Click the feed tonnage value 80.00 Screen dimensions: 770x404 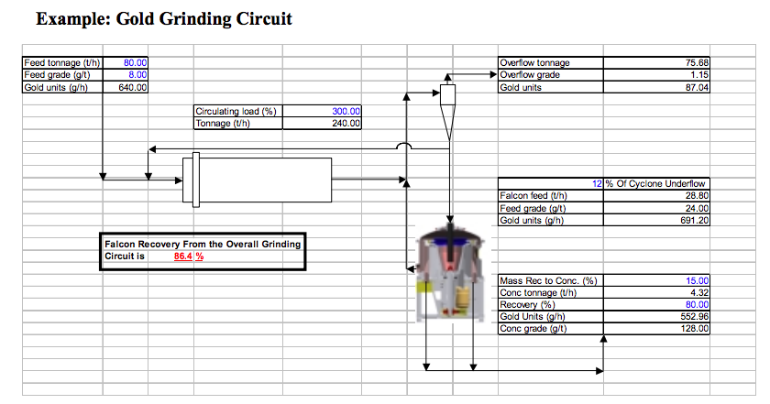(135, 63)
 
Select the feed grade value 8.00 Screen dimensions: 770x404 (137, 74)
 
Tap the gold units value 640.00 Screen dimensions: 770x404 (133, 87)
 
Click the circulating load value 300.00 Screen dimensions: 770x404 (346, 112)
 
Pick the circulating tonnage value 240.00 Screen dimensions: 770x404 (346, 123)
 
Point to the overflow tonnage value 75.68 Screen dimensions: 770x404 (697, 63)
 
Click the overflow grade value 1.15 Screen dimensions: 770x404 (699, 74)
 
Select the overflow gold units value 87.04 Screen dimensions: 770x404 (697, 87)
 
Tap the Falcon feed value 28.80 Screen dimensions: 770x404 (697, 196)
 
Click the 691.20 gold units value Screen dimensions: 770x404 (695, 221)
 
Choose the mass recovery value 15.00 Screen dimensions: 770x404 (697, 281)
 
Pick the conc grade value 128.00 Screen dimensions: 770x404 (695, 328)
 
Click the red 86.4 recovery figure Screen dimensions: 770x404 (182, 257)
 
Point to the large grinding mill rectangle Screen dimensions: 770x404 (258, 180)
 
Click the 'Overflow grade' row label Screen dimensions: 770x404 (530, 74)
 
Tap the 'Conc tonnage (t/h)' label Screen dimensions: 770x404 (538, 292)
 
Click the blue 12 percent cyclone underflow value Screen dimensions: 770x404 (597, 183)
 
